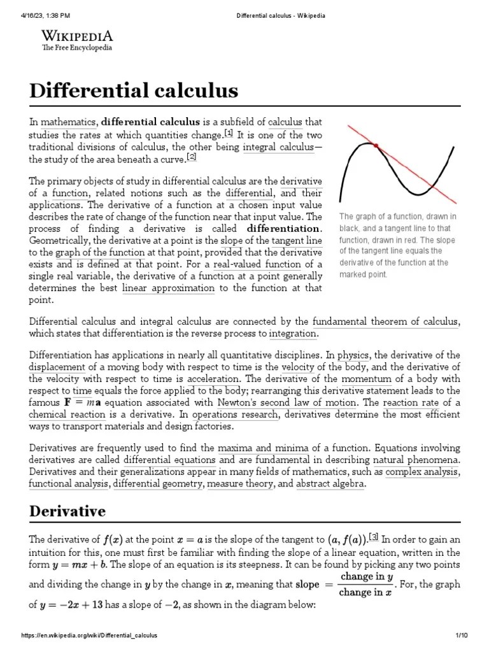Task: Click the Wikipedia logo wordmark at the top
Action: coord(77,36)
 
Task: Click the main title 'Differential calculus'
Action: coord(134,91)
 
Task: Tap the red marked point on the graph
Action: coord(376,146)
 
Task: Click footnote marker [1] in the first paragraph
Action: coord(229,133)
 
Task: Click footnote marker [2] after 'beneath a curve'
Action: coord(192,157)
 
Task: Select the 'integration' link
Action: coord(293,334)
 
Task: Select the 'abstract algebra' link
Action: coord(330,484)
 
